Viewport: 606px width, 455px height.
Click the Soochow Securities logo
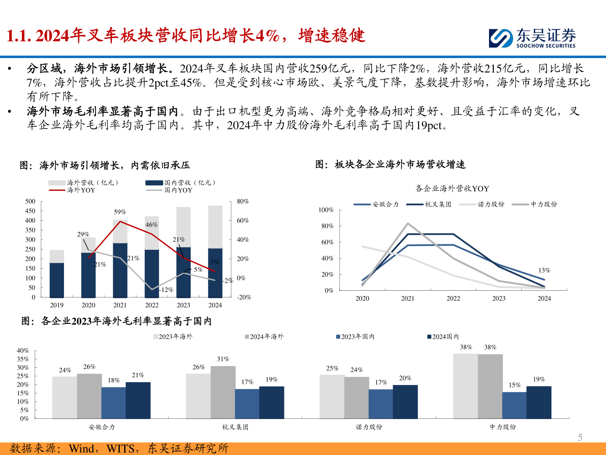(532, 38)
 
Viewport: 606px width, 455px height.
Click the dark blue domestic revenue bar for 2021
(120, 270)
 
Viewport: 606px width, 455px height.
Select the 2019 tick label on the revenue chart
(57, 305)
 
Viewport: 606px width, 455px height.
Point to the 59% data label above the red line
(120, 212)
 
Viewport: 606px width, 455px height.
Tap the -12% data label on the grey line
(167, 290)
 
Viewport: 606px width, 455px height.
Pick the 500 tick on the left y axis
(30, 201)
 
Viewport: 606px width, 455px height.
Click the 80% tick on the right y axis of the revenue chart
(243, 201)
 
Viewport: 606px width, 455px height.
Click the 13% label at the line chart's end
(544, 270)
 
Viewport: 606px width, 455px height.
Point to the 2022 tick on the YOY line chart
(453, 298)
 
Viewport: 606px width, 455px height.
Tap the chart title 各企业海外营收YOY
(452, 188)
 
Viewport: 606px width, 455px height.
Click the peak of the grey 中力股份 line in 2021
(408, 223)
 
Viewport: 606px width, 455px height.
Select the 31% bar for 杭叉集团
(223, 392)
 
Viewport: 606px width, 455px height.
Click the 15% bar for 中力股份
(514, 405)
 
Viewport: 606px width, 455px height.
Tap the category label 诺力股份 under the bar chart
(369, 427)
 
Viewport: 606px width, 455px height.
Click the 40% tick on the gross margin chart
(23, 351)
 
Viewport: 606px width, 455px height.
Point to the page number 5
(580, 437)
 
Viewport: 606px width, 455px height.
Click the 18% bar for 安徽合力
(114, 402)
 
